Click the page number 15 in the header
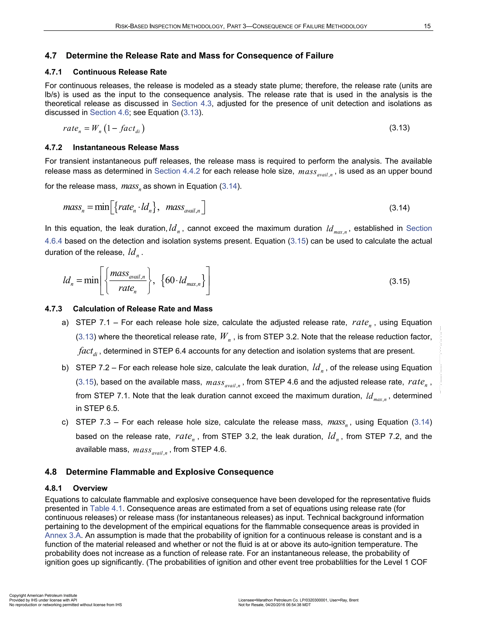(427, 26)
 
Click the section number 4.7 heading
(51, 56)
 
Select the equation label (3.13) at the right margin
(399, 128)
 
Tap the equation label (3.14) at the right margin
(399, 208)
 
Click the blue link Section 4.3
(191, 103)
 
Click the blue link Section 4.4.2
(177, 171)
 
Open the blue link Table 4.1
(106, 509)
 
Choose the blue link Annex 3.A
(63, 535)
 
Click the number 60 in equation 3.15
(170, 280)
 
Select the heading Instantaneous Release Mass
(126, 147)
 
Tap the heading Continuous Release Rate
(120, 72)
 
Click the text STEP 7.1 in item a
(95, 323)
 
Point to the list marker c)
(65, 422)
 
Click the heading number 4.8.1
(53, 488)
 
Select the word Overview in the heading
(90, 488)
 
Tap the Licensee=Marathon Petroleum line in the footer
(298, 600)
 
